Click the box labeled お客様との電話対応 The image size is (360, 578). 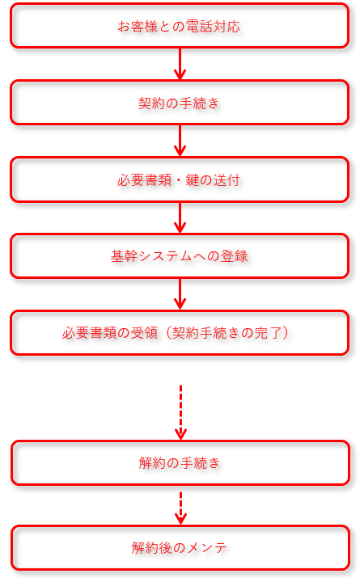pyautogui.click(x=180, y=26)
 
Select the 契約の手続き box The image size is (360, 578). pyautogui.click(x=180, y=103)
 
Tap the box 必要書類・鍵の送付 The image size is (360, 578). pyautogui.click(x=180, y=179)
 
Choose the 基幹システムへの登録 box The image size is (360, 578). pyautogui.click(x=180, y=255)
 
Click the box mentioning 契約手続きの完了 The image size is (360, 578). pyautogui.click(x=180, y=332)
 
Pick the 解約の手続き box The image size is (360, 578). pyautogui.click(x=180, y=462)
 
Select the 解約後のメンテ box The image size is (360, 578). pyautogui.click(x=180, y=547)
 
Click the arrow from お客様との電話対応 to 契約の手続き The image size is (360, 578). pyautogui.click(x=180, y=64)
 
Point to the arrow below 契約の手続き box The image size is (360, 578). pyautogui.click(x=180, y=141)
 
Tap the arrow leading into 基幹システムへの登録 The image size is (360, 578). pyautogui.click(x=180, y=217)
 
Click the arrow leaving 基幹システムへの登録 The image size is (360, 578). pyautogui.click(x=180, y=294)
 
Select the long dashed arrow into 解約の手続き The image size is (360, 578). pyautogui.click(x=180, y=412)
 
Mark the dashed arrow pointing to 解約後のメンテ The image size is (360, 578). pyautogui.click(x=180, y=508)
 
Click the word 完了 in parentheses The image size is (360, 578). pyautogui.click(x=269, y=333)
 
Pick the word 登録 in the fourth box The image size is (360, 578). pyautogui.click(x=235, y=256)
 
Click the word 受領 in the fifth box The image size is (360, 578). pyautogui.click(x=145, y=333)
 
